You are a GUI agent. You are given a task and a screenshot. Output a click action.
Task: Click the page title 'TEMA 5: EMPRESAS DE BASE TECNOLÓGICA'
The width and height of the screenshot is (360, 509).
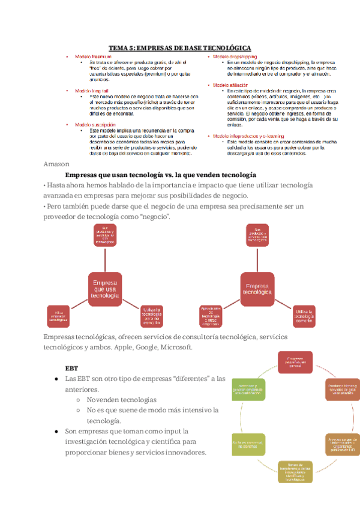coord(179,48)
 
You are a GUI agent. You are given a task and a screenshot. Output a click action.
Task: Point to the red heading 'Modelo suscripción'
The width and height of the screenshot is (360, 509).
coord(95,124)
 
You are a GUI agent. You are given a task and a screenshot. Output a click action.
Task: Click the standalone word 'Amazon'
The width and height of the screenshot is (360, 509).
coord(56,164)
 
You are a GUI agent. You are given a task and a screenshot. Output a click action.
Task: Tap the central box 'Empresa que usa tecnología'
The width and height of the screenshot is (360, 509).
coord(105,288)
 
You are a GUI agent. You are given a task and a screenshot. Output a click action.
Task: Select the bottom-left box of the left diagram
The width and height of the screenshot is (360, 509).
coord(59,316)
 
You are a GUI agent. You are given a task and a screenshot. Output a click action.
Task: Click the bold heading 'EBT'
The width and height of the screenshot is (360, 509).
coord(71,367)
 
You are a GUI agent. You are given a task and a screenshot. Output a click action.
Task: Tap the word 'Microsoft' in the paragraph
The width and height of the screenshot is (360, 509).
coord(174,348)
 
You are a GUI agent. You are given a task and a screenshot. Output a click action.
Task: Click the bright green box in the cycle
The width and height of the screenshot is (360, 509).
coord(245,392)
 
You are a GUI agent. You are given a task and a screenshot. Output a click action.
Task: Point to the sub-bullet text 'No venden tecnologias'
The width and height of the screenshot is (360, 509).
coord(121,399)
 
